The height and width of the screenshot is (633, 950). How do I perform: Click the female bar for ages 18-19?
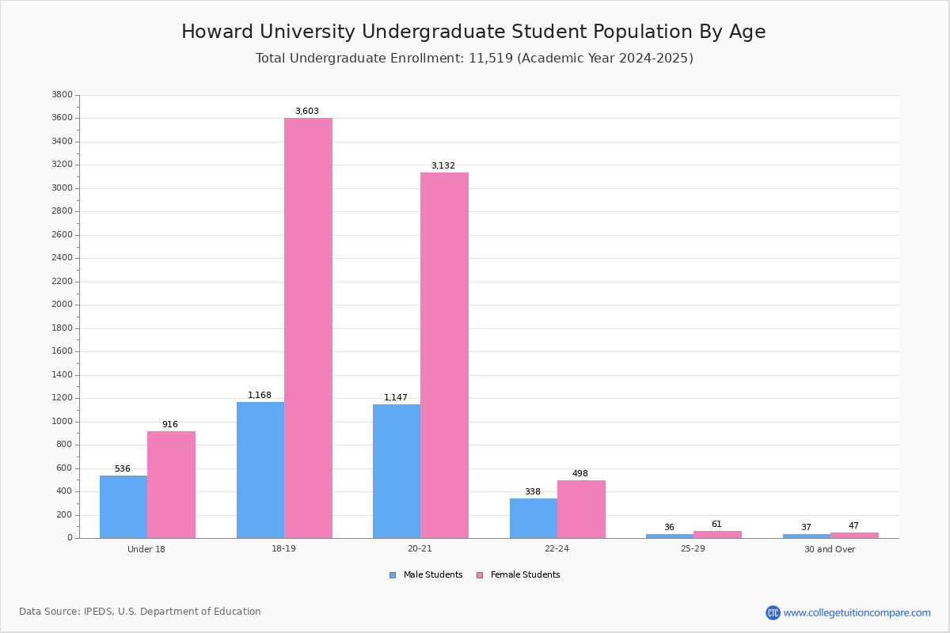(x=308, y=328)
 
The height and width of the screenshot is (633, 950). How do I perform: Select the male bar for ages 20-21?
(x=397, y=471)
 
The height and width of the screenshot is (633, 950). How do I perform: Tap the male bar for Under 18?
(x=123, y=506)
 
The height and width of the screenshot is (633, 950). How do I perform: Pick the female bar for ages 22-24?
(x=581, y=509)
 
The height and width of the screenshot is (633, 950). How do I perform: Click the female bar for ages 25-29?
(x=717, y=534)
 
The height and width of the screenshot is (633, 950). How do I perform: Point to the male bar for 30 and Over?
(x=806, y=536)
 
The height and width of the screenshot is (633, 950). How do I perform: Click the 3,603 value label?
(x=307, y=112)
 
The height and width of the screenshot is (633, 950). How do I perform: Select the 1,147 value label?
(x=396, y=398)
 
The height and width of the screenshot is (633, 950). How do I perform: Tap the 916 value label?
(x=170, y=425)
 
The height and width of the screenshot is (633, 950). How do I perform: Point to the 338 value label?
(x=533, y=492)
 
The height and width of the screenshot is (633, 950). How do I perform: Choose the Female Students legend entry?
(x=519, y=575)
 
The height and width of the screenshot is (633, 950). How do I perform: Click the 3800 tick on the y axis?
(x=62, y=95)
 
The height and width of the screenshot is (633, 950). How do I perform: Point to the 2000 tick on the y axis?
(x=62, y=305)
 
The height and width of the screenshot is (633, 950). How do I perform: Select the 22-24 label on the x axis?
(x=557, y=549)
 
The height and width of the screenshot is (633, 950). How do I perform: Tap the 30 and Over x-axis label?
(x=830, y=549)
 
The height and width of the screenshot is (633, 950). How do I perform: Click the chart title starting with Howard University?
(x=473, y=32)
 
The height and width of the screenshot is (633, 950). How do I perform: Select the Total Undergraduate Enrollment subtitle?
(x=474, y=59)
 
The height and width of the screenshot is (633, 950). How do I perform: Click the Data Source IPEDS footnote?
(x=140, y=612)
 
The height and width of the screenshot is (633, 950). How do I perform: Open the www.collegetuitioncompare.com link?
(x=857, y=612)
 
